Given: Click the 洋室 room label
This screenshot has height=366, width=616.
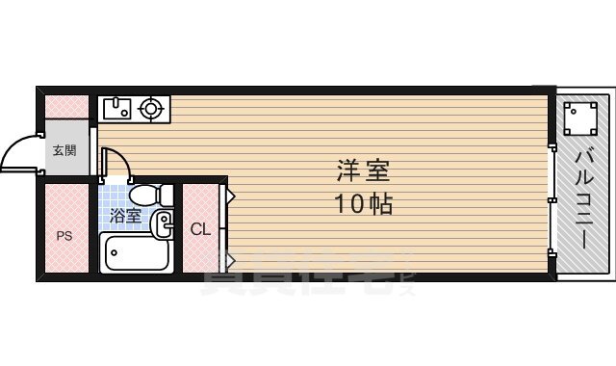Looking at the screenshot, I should coord(364,171).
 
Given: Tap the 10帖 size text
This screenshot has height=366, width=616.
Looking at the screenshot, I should coord(364,204).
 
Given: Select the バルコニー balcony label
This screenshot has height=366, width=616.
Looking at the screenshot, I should coord(583,197).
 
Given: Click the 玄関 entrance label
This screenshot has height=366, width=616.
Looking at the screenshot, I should coord(64,149).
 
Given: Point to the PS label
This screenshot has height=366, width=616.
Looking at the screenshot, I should coord(64,235).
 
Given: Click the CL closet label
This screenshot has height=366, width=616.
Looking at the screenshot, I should coord(199,229).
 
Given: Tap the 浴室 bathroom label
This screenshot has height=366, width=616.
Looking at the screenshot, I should coord(125,216).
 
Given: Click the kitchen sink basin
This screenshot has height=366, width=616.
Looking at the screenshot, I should coord(115,109).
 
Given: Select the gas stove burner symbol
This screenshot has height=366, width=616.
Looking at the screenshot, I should coord(151,109).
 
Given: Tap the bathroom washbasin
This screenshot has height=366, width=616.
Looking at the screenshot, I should coord(162,225).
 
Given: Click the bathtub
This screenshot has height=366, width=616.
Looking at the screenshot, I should coord(136,255).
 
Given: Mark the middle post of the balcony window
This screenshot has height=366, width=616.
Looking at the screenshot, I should coord(552,199).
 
